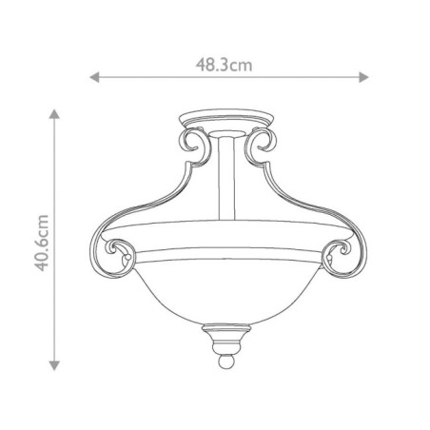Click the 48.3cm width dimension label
coord(224,65)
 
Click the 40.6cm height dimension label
coord(39,242)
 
